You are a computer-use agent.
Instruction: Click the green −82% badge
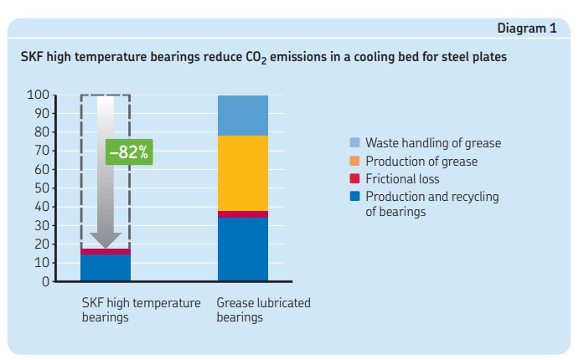128,153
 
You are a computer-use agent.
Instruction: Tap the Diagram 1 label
527,28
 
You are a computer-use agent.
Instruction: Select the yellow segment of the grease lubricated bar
243,173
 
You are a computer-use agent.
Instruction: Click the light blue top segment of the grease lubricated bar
243,116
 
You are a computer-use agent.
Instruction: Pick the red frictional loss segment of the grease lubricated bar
243,214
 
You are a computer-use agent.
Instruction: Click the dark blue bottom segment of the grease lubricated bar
243,249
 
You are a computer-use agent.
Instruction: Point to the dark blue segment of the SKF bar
106,267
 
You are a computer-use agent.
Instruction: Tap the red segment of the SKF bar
106,251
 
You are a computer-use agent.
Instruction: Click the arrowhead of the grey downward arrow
106,240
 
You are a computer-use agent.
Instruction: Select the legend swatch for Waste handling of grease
354,143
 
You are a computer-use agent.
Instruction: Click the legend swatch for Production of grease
354,162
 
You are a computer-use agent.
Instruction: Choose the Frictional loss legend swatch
354,179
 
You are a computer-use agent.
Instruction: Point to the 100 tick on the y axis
40,95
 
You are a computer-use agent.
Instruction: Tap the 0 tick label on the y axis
47,281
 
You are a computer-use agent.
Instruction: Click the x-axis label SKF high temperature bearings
141,310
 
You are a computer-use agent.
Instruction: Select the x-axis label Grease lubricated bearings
263,310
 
